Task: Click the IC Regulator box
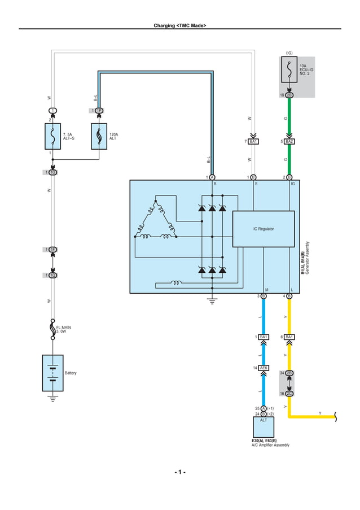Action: (263, 229)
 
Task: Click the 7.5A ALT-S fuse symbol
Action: (52, 136)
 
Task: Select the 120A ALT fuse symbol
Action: (99, 136)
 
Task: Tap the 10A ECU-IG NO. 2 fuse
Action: (289, 69)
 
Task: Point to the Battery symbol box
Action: (52, 373)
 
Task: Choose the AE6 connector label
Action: (264, 368)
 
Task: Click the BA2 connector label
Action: (289, 141)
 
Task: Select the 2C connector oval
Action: (289, 393)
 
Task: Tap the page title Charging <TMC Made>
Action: (179, 25)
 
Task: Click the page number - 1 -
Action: (179, 472)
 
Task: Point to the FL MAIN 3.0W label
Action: (63, 329)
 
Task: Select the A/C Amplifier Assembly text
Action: (270, 445)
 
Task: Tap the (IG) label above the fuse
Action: (289, 53)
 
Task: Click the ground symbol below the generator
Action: (212, 300)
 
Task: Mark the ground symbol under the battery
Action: (52, 399)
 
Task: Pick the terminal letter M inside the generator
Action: (266, 289)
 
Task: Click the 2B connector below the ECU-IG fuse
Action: (289, 95)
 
